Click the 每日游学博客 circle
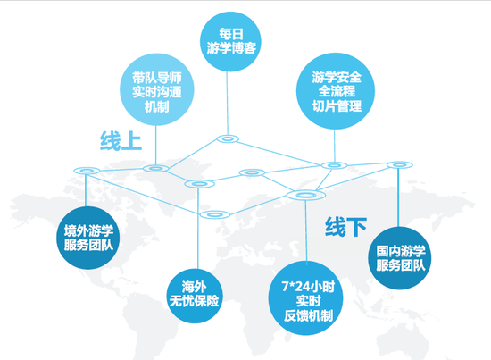coord(230,41)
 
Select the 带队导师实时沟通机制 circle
coord(157,89)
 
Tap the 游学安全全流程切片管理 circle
coord(336,91)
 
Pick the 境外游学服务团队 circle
coord(88,238)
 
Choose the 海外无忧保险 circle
coord(194,296)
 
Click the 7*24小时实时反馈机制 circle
coord(306,298)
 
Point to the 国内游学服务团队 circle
coord(400,258)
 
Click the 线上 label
coord(121,140)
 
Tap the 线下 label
coord(345,227)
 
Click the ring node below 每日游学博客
coord(228,138)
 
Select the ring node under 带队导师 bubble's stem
coord(155,169)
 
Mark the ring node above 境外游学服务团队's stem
coord(87,171)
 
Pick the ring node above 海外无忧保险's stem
coord(199,184)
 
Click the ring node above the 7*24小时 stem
coord(306,196)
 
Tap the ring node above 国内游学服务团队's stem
coord(400,164)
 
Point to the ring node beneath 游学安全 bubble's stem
coord(334,165)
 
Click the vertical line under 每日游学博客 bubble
coord(228,104)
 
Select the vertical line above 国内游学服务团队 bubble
coord(398,197)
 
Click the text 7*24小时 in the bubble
coord(308,287)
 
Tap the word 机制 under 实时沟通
coord(156,106)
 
